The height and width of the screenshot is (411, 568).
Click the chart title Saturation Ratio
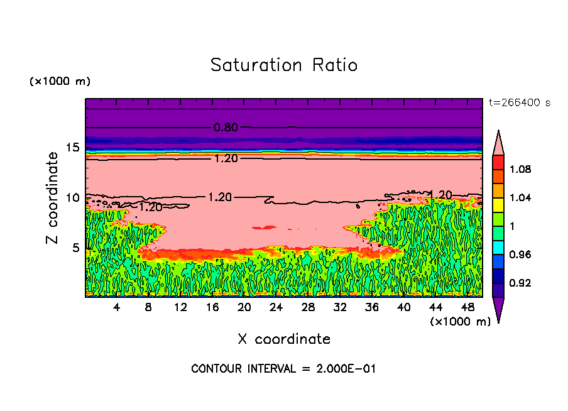pos(284,65)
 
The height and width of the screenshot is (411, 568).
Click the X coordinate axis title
pos(284,339)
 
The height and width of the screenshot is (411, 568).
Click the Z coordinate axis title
pos(53,197)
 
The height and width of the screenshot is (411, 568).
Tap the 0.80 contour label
pos(226,128)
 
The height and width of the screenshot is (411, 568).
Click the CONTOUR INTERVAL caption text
pos(283,369)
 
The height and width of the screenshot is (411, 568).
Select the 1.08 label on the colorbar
pos(520,169)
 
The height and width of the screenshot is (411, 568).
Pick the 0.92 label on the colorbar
pos(520,283)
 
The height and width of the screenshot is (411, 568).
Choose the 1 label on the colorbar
pos(513,226)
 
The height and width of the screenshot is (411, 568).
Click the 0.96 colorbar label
pos(520,255)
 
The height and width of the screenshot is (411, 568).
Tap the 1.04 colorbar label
pos(520,198)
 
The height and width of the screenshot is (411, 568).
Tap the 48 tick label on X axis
pos(468,307)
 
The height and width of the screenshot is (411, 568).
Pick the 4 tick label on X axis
pos(117,307)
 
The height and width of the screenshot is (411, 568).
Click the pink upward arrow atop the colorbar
pos(498,142)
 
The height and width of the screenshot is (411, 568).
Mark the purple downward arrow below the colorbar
pos(498,309)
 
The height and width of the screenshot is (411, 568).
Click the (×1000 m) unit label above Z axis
pos(60,82)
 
